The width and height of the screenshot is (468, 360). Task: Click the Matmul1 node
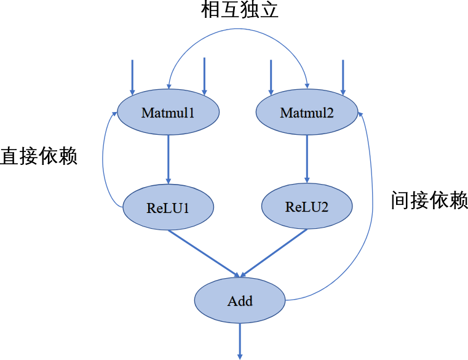click(168, 113)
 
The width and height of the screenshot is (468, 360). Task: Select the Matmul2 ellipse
click(306, 113)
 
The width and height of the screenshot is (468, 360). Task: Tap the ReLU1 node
click(168, 207)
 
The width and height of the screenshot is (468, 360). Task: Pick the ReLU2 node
click(307, 206)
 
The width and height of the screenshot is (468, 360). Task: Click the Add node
click(240, 301)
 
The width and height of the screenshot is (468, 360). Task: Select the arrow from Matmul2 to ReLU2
click(307, 158)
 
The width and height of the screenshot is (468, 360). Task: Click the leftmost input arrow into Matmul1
click(132, 77)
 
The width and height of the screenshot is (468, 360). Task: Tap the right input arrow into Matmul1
click(204, 77)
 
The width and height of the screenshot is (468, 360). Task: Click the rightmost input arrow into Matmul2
click(343, 77)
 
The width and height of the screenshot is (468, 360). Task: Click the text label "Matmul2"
click(306, 113)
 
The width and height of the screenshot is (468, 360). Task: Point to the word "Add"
click(240, 302)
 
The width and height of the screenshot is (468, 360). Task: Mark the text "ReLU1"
click(168, 208)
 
